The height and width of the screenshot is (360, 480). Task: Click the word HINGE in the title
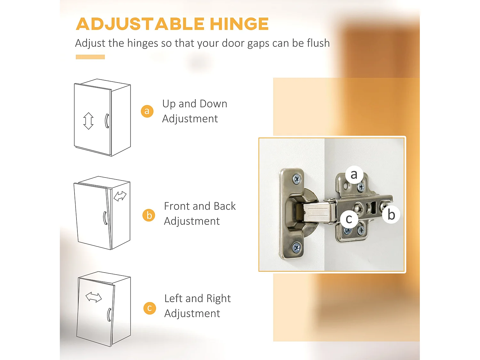(x=239, y=24)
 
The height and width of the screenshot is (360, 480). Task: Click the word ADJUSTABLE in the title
(x=140, y=24)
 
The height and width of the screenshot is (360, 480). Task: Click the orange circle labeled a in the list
(x=147, y=111)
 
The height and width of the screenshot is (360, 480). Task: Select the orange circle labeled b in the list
(x=149, y=215)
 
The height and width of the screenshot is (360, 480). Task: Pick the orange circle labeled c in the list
(x=149, y=308)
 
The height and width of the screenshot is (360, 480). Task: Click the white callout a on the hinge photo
(x=354, y=174)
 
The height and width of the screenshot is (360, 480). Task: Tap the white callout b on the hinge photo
(x=391, y=214)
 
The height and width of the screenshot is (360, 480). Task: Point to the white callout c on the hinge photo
(x=349, y=219)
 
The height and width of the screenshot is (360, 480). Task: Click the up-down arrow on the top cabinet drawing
(x=88, y=121)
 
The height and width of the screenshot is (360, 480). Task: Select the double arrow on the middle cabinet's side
(x=120, y=196)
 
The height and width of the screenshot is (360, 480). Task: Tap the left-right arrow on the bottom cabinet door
(x=93, y=298)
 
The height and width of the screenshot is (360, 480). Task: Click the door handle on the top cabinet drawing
(x=107, y=121)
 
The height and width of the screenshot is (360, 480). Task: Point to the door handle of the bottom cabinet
(x=109, y=315)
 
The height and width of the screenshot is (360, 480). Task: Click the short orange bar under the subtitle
(x=90, y=57)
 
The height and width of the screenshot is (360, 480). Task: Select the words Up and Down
(x=195, y=104)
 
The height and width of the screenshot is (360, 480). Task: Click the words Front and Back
(x=200, y=206)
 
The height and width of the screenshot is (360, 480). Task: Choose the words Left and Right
(x=197, y=299)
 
